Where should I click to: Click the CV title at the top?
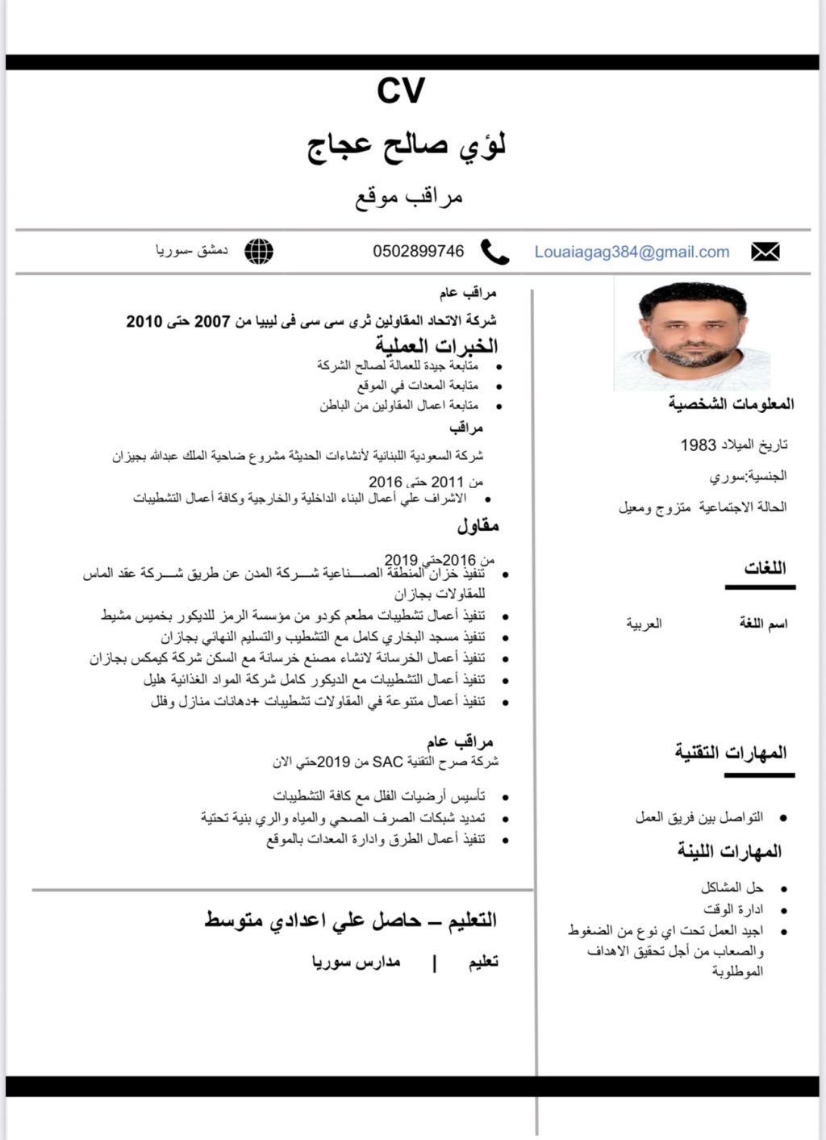tap(401, 90)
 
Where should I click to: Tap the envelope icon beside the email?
tap(765, 252)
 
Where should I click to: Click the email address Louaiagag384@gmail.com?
tap(632, 252)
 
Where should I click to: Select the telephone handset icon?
tap(494, 252)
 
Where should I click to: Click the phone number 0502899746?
tap(418, 251)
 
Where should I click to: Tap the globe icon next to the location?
tap(259, 251)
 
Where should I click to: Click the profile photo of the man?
tap(691, 333)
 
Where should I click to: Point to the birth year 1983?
tap(698, 445)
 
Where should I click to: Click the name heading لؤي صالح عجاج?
tap(407, 147)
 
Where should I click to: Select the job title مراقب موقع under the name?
tap(409, 196)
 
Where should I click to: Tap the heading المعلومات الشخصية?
tap(731, 403)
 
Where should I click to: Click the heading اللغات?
tap(765, 567)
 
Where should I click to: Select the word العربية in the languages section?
tap(644, 623)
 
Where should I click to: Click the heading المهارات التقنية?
tap(730, 752)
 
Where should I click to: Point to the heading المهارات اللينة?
tap(729, 851)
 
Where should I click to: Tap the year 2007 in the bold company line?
tap(212, 321)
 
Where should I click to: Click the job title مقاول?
tap(478, 526)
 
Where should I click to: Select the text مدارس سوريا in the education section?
tap(356, 962)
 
